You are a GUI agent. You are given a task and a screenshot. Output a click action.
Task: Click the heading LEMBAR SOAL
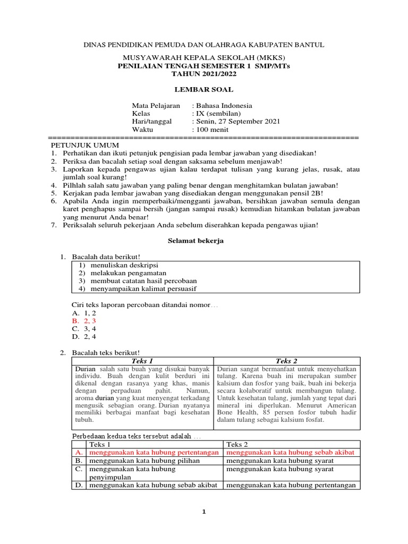tap(205, 90)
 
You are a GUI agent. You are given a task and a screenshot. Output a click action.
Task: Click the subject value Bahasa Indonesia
tap(222, 105)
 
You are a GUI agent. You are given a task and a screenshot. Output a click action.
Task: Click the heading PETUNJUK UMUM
tap(85, 145)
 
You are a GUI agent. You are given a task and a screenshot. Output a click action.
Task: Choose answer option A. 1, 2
tap(83, 313)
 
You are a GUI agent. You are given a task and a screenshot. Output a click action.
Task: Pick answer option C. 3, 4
tap(84, 329)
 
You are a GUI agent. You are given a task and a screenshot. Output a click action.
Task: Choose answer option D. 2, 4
tap(84, 336)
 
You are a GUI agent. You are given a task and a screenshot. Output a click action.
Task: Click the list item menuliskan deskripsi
tap(124, 265)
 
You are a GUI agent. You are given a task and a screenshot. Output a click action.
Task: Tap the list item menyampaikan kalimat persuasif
tap(146, 288)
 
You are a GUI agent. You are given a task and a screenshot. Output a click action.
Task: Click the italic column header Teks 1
tap(142, 361)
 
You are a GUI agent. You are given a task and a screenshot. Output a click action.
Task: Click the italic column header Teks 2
tap(287, 361)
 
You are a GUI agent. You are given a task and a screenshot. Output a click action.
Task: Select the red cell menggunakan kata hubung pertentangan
tap(154, 453)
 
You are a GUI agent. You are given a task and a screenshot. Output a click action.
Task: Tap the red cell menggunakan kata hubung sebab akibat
tap(290, 453)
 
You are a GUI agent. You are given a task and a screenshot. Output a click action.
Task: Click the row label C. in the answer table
tap(78, 469)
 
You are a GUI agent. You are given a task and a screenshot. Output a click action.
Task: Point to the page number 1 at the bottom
tap(204, 512)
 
